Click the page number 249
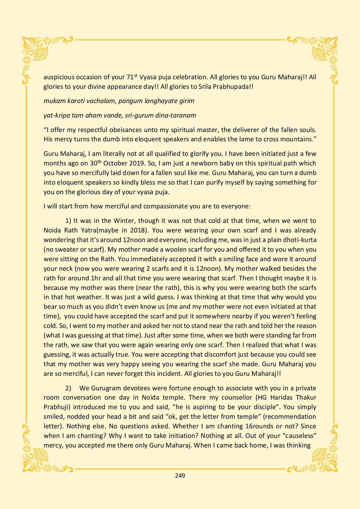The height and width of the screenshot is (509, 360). click(x=180, y=475)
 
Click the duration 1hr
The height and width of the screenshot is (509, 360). click(x=96, y=278)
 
